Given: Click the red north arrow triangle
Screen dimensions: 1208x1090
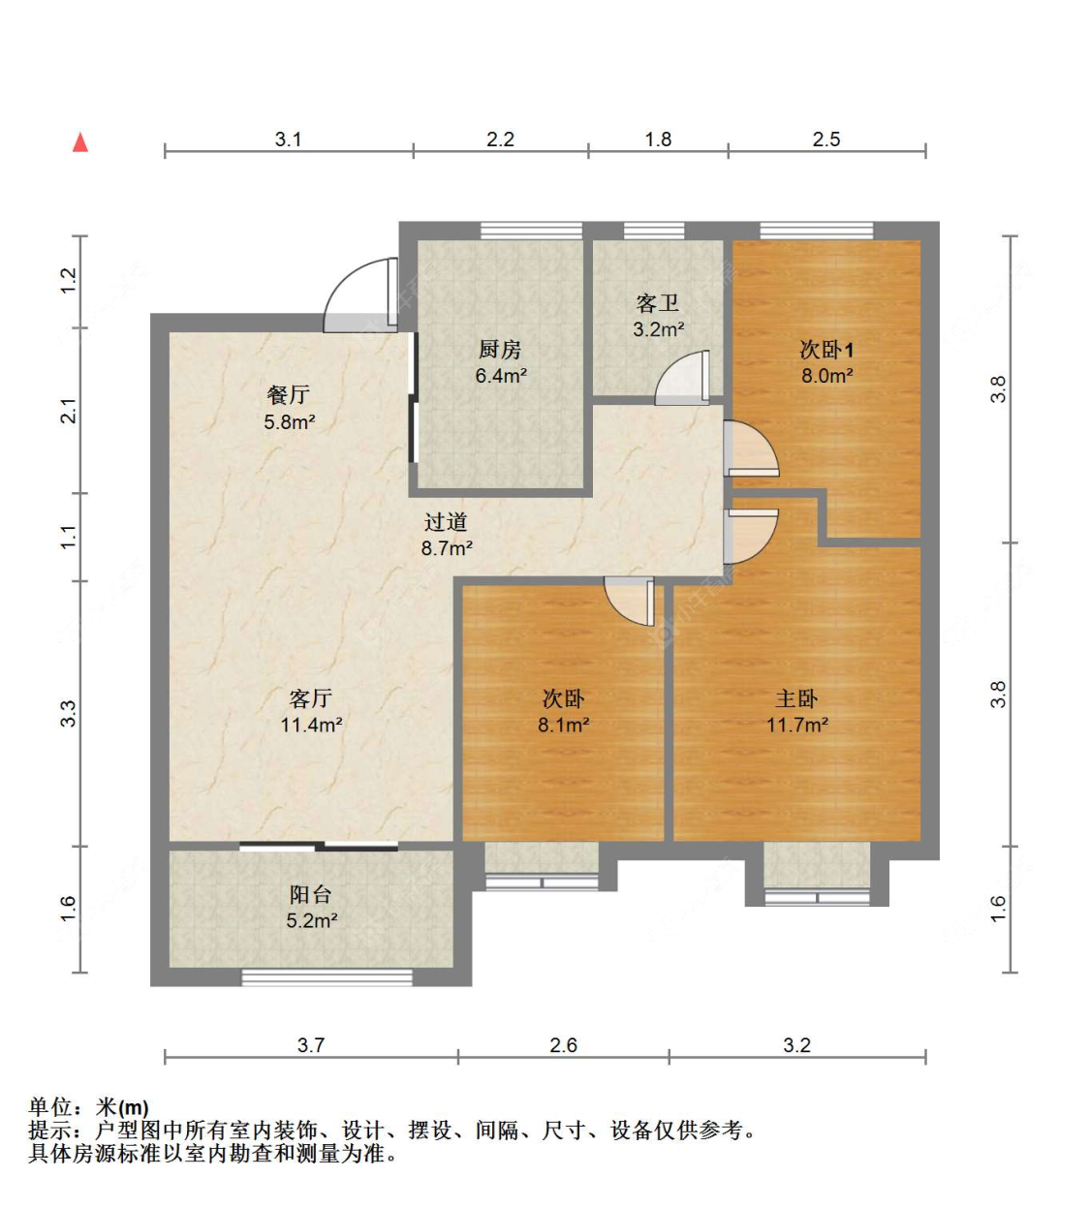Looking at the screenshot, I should (80, 143).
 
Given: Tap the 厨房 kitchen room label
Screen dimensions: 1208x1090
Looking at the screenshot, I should (500, 362).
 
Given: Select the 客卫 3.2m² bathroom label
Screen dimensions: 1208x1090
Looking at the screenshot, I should (659, 316).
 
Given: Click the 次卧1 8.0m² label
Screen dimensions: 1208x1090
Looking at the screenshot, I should (826, 362).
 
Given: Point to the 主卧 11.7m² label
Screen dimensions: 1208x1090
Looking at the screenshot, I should (796, 711).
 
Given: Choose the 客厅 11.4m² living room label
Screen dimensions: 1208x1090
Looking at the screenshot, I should (311, 711).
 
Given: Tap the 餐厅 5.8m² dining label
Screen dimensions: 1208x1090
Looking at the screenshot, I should (289, 408).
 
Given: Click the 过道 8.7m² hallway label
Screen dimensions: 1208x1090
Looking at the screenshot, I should (447, 535).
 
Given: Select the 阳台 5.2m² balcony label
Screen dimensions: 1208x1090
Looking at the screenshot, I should (311, 908).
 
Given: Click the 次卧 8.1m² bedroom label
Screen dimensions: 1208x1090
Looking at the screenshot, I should (563, 711).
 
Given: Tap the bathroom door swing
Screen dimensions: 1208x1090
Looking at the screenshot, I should (682, 378).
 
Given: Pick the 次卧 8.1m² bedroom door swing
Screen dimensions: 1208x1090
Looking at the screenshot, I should (630, 602).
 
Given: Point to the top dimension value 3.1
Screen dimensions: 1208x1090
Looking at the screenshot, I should (288, 139).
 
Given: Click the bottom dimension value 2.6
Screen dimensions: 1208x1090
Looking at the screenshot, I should (563, 1045).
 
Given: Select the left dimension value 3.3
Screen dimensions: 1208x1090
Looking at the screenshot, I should (68, 714).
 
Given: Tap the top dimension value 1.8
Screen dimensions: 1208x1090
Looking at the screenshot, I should (658, 139).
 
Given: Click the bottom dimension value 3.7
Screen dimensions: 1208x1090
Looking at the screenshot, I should (310, 1045).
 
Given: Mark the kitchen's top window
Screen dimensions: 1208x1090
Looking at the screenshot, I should (531, 231).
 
